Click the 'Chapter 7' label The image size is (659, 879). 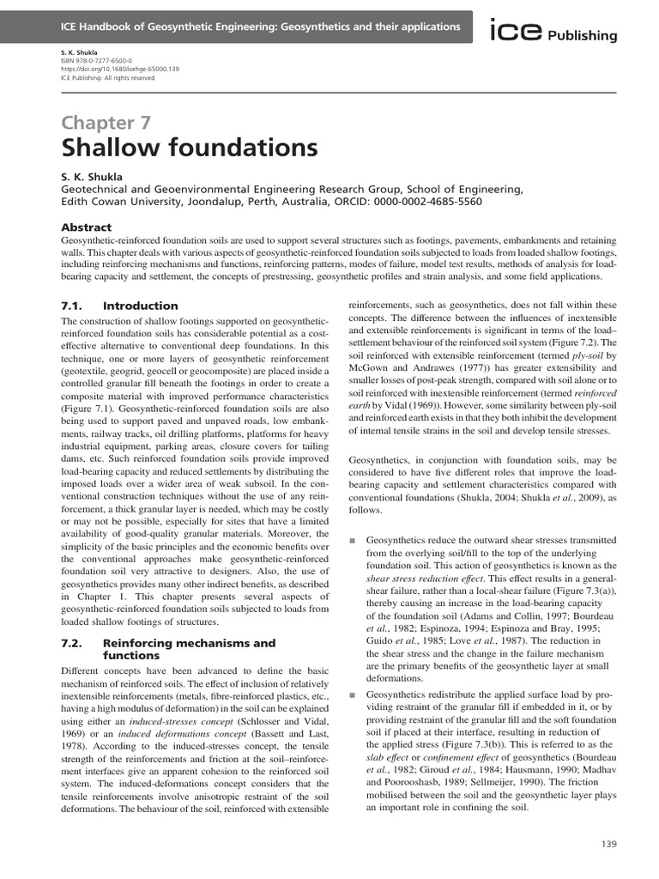point(111,123)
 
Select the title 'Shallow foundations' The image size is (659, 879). point(178,148)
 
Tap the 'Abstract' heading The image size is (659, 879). point(86,227)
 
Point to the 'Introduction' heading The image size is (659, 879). point(141,306)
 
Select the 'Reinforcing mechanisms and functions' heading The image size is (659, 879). point(189,648)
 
